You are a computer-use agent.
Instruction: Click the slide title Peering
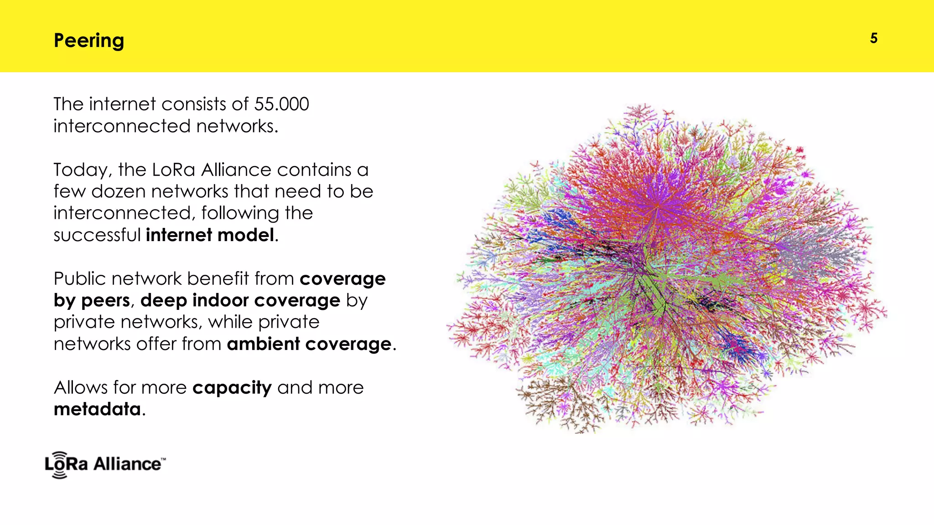(89, 41)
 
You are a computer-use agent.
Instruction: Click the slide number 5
(873, 38)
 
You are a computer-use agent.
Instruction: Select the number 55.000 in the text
(281, 104)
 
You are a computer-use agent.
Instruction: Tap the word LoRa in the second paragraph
(173, 170)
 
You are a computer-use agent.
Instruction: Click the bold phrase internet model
(210, 235)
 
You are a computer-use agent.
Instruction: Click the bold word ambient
(263, 344)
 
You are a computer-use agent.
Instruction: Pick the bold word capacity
(232, 388)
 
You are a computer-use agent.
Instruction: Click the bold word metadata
(97, 409)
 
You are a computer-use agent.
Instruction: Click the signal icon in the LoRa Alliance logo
(59, 465)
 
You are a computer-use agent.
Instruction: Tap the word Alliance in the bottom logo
(127, 464)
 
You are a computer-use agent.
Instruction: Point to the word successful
(97, 235)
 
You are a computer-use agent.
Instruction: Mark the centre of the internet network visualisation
(666, 269)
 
